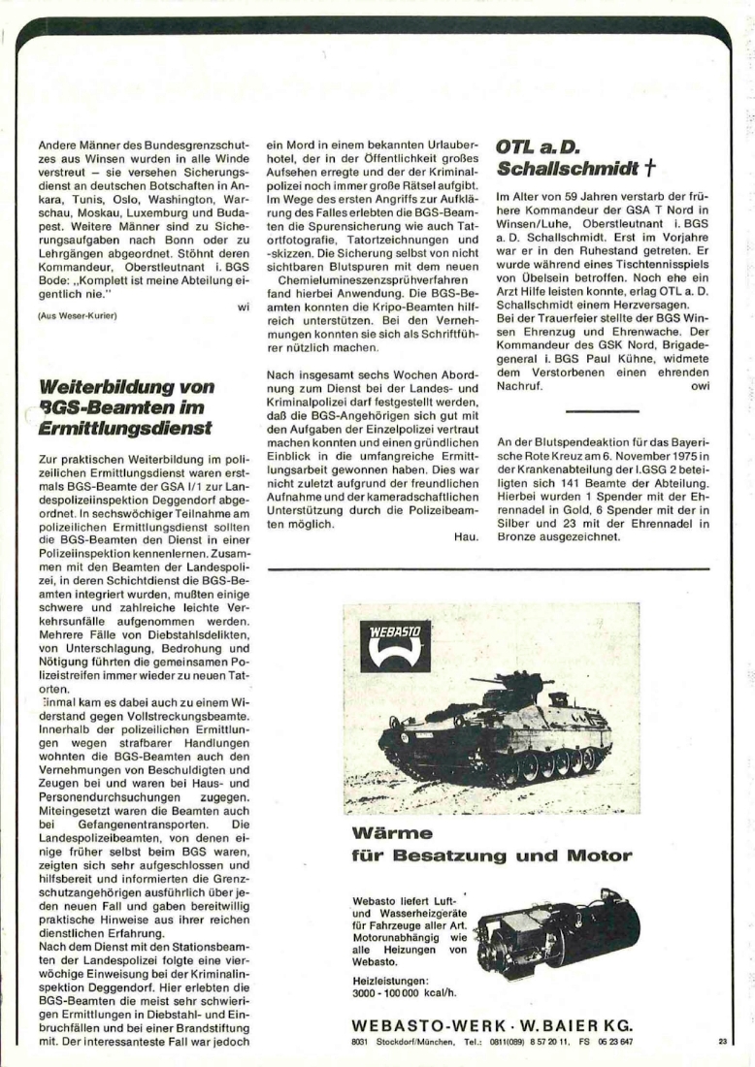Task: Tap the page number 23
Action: click(x=722, y=1042)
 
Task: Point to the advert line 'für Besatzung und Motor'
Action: click(x=491, y=856)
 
